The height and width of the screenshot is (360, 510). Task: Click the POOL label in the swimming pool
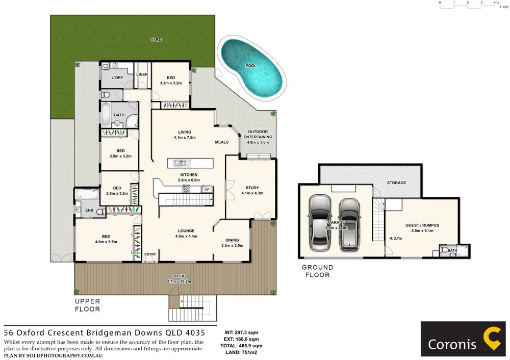point(251,66)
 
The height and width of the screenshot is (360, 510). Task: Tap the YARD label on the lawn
point(156,39)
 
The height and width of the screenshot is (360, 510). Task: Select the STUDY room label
point(252,187)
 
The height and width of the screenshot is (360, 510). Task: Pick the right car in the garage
point(349,224)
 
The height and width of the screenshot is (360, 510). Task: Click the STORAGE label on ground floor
point(396,183)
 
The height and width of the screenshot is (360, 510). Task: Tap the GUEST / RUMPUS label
point(422,225)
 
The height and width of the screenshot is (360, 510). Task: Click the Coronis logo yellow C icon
point(493,339)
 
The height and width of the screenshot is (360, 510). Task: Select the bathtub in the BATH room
point(106,115)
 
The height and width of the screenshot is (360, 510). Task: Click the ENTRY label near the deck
point(150,254)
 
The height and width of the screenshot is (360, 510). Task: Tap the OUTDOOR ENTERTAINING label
point(258,134)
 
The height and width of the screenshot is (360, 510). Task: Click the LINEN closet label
point(142,74)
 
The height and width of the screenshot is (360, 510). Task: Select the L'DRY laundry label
point(117,78)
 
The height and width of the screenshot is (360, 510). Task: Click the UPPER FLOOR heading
point(87,305)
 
